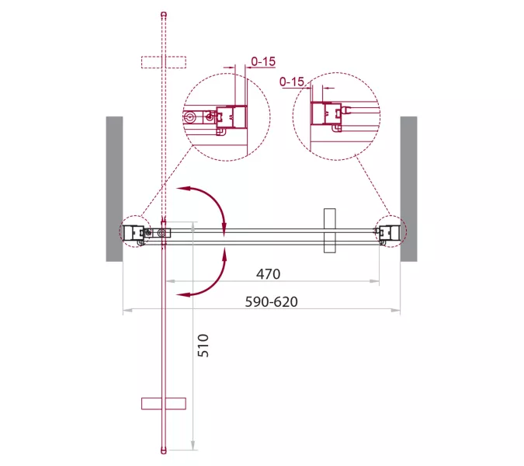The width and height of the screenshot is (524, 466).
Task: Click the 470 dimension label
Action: pyautogui.click(x=268, y=274)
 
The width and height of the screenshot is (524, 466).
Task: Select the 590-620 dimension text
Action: pyautogui.click(x=272, y=302)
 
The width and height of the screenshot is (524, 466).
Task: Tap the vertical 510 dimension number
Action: pyautogui.click(x=203, y=346)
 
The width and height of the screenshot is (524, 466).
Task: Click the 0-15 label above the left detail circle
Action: pyautogui.click(x=263, y=61)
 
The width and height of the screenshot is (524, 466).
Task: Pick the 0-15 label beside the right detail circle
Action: pyautogui.click(x=292, y=82)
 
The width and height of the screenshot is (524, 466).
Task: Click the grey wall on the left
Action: pyautogui.click(x=114, y=189)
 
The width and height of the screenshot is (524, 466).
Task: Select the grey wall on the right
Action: pyautogui.click(x=408, y=189)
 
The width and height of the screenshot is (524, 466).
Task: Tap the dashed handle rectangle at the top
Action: pyautogui.click(x=164, y=62)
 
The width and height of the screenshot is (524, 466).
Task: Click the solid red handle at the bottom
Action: pyautogui.click(x=164, y=404)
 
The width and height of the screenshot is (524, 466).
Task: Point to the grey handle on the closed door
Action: pyautogui.click(x=330, y=231)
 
